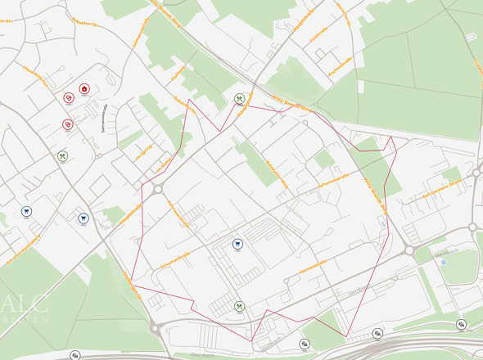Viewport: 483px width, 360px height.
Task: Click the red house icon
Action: [x=84, y=88]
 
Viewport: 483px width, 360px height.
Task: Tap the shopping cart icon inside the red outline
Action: [x=237, y=243]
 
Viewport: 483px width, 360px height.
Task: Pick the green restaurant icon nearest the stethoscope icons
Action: [x=62, y=155]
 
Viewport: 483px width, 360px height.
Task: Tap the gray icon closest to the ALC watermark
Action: [x=75, y=355]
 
